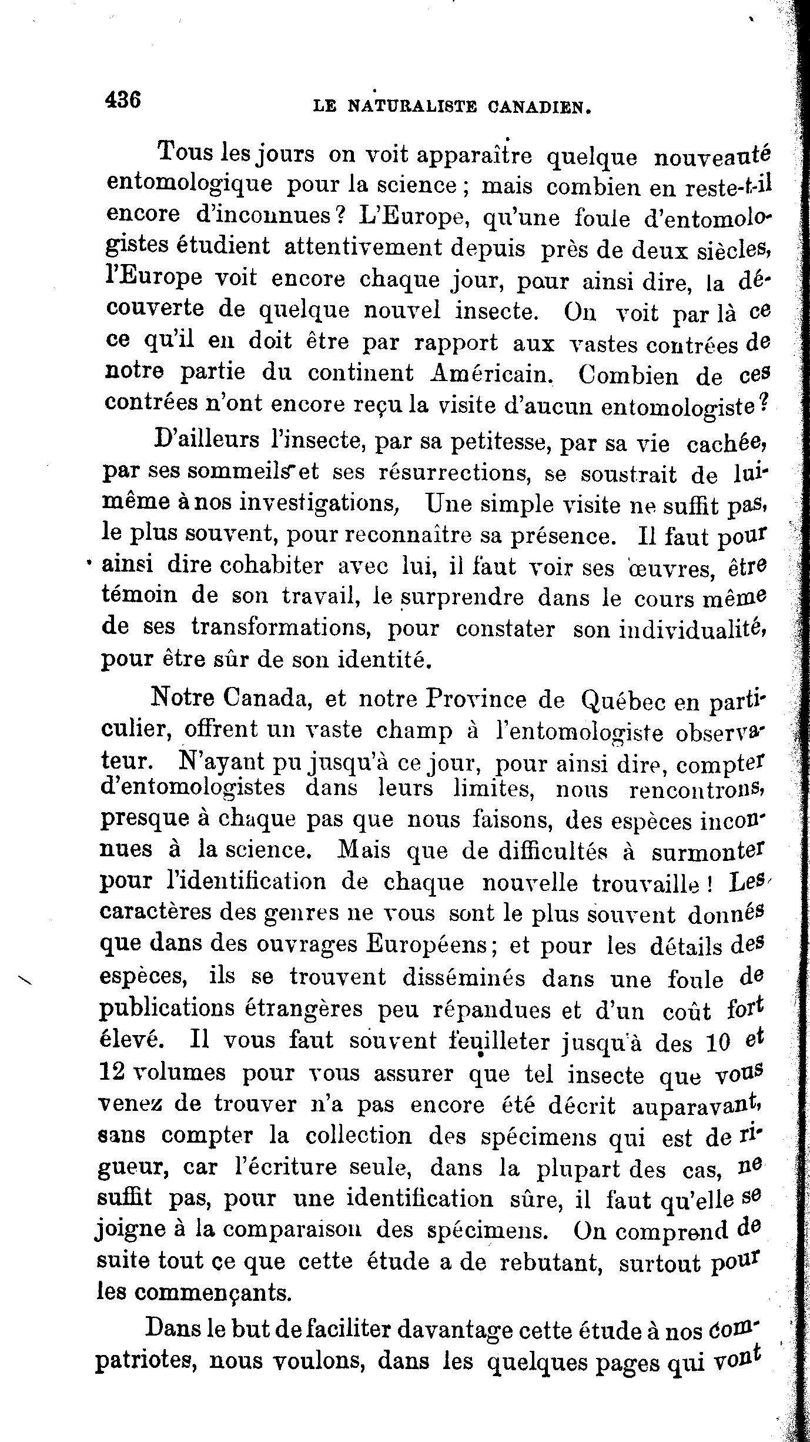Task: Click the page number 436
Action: [123, 99]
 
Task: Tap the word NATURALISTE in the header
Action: [413, 106]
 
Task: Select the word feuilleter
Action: [507, 1040]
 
